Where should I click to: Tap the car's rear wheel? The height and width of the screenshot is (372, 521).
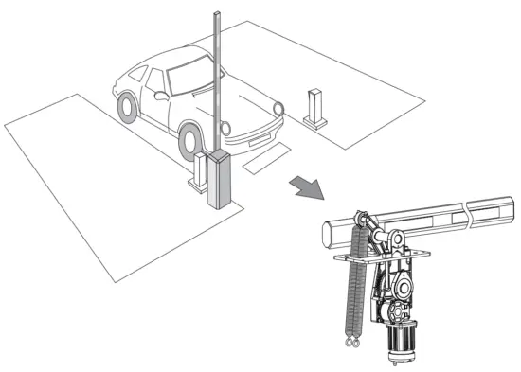pos(126,106)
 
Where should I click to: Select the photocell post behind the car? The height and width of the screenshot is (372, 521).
pos(314,107)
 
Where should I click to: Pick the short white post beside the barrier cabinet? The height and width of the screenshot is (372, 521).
pos(198,173)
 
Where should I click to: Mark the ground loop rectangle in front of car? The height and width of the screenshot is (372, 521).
pos(265,155)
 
